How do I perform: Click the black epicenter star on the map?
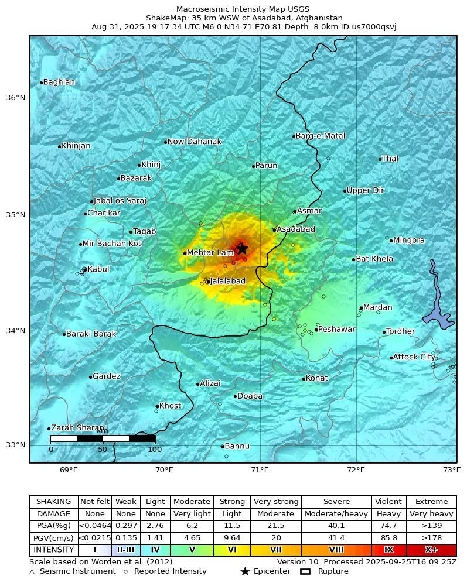pos(241,249)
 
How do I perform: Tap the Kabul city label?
pos(98,269)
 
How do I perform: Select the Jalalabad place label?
pos(227,281)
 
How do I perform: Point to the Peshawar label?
pos(336,329)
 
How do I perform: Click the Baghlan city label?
pos(59,82)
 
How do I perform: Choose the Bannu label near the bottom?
pos(237,446)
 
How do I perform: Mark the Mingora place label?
pos(409,240)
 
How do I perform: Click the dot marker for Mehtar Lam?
pos(185,253)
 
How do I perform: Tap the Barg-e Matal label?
pos(320,136)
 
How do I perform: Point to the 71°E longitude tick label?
pos(260,470)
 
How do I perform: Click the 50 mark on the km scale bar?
pos(103,449)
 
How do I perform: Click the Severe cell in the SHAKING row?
pos(336,502)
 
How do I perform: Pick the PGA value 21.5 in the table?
pos(275,526)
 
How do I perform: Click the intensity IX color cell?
pos(388,550)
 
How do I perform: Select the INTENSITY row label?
pos(54,550)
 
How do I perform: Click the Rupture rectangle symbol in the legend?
pos(305,571)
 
